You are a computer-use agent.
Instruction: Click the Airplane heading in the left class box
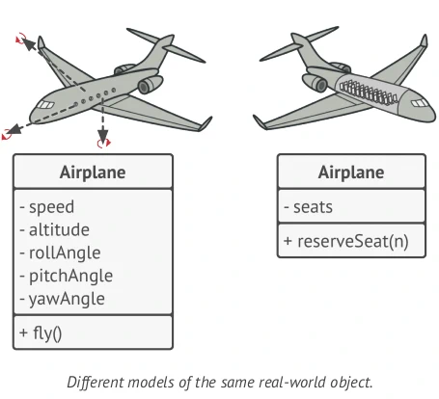pyautogui.click(x=93, y=173)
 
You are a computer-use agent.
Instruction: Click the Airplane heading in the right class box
pyautogui.click(x=351, y=173)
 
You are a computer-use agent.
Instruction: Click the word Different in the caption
pyautogui.click(x=96, y=381)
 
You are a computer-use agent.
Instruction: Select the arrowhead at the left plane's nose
pyautogui.click(x=29, y=43)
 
